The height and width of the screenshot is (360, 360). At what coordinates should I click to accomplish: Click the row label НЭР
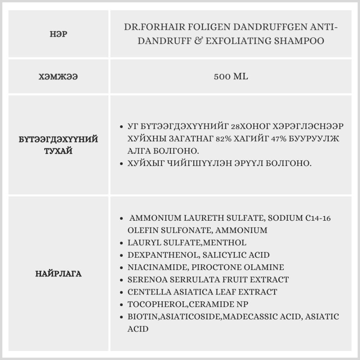[59, 34]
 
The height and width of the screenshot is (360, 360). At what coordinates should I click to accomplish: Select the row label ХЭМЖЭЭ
[58, 77]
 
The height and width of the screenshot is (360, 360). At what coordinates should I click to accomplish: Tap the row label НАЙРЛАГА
[59, 274]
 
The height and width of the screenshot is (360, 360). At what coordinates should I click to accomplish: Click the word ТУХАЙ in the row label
[58, 150]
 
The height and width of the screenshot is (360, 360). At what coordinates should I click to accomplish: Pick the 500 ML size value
[231, 77]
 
